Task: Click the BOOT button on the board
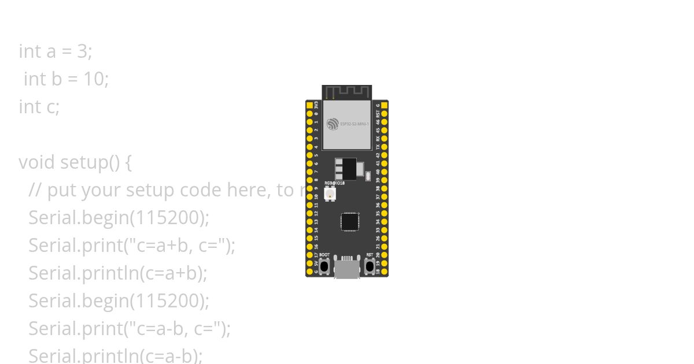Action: [324, 266]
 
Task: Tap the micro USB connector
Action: [347, 269]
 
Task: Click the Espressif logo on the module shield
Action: [332, 124]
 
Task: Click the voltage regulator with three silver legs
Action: [345, 169]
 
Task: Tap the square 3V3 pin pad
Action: [309, 106]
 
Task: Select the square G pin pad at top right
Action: [385, 106]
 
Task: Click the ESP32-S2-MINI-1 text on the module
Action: [355, 124]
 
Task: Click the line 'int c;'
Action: [39, 107]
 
